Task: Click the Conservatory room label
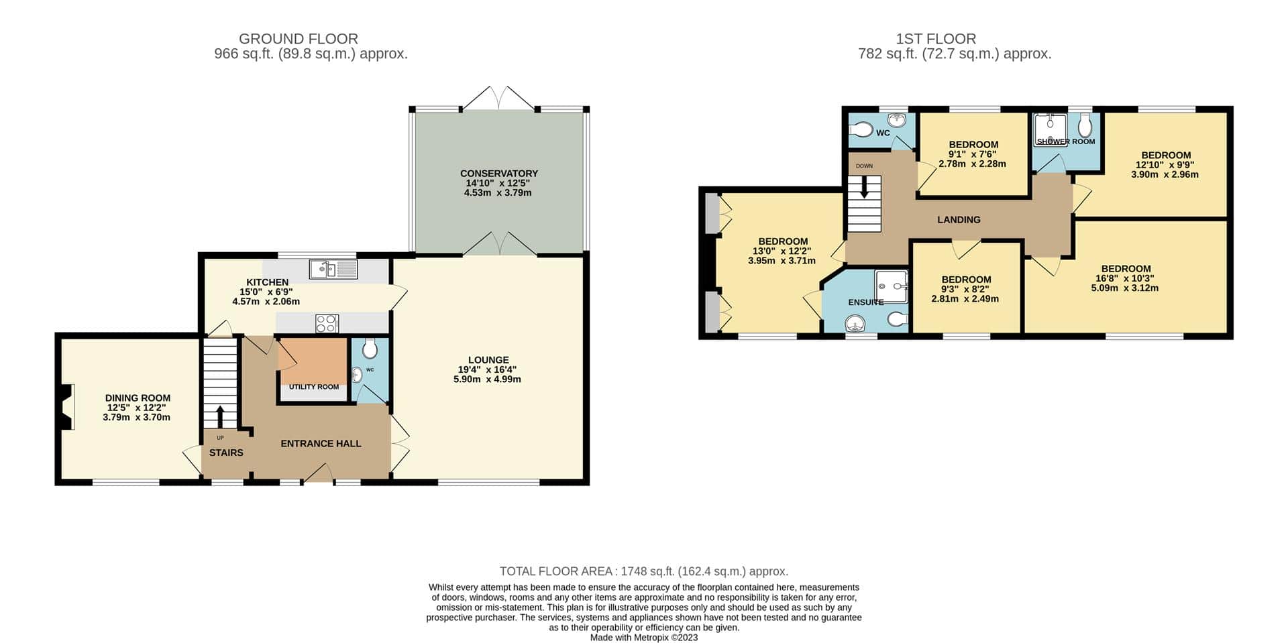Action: pyautogui.click(x=498, y=174)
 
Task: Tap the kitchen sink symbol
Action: pyautogui.click(x=333, y=270)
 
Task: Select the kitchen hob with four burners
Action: pyautogui.click(x=327, y=324)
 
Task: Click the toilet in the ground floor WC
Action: pyautogui.click(x=370, y=348)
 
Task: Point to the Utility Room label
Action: pyautogui.click(x=314, y=387)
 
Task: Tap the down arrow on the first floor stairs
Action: pyautogui.click(x=864, y=186)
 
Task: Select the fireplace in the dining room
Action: pyautogui.click(x=66, y=407)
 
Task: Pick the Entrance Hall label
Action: pyautogui.click(x=321, y=443)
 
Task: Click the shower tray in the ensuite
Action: pyautogui.click(x=892, y=286)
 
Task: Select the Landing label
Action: pyautogui.click(x=959, y=219)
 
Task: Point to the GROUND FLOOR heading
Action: pyautogui.click(x=299, y=39)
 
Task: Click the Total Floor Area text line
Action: pyautogui.click(x=644, y=571)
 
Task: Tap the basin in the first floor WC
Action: pyautogui.click(x=897, y=120)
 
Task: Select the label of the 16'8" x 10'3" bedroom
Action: pyautogui.click(x=1126, y=269)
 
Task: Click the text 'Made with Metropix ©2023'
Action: pyautogui.click(x=644, y=638)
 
